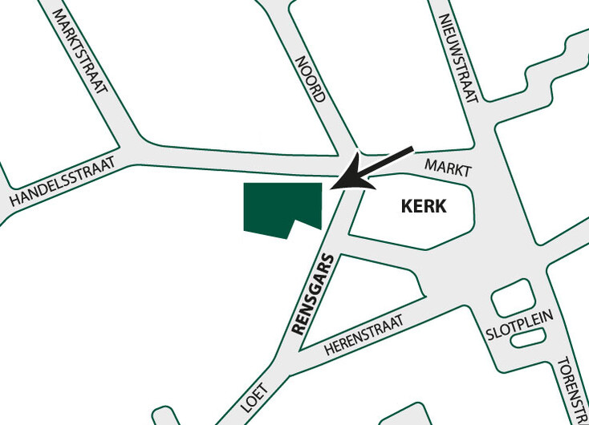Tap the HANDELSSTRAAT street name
point(62,184)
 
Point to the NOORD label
point(310,79)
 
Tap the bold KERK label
point(423,206)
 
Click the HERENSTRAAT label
point(371,330)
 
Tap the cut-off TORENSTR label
point(572,389)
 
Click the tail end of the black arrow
point(411,148)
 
